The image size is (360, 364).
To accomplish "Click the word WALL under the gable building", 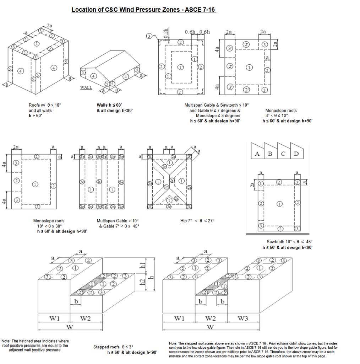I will [86, 87].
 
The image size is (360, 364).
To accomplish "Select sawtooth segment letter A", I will [257, 154].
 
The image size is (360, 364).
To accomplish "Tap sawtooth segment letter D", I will [296, 154].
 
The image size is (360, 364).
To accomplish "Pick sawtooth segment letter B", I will [270, 154].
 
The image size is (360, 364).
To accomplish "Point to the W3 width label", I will [243, 318].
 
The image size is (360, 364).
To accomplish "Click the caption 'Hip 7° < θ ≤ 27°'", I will [197, 221].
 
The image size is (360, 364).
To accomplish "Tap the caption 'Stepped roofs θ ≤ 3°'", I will [113, 347].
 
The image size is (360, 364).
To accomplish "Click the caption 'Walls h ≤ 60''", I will [109, 105].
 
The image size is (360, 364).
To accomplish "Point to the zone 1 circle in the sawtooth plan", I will [280, 204].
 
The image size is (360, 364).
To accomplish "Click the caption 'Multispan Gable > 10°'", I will [118, 221].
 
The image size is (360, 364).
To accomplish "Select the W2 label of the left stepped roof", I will [86, 318].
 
